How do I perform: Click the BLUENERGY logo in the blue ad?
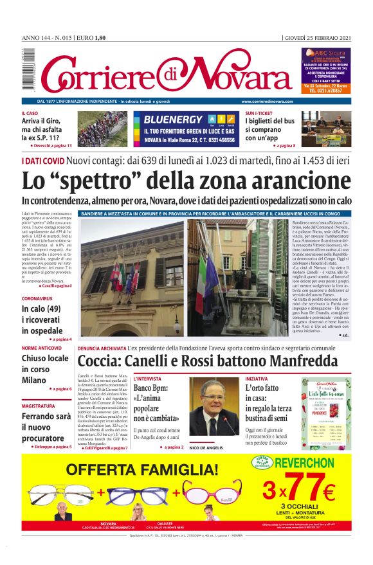(x=174, y=120)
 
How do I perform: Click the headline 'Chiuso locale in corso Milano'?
(x=45, y=369)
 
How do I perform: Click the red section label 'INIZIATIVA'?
(x=257, y=379)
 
